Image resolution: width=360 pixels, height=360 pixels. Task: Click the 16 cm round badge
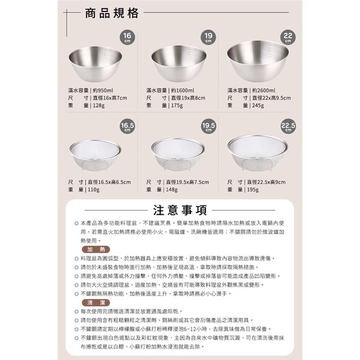127,37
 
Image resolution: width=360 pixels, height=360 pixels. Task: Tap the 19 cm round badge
208,37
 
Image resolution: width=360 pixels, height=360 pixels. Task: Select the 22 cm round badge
288,37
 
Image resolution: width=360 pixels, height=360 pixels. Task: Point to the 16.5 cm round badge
127,126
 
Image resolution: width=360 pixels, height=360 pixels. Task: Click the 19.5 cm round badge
208,126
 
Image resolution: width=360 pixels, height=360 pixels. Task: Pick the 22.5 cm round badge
288,126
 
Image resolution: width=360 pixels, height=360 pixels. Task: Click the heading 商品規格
112,13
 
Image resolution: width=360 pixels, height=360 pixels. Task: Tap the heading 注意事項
180,210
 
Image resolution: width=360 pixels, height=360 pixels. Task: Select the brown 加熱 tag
96,250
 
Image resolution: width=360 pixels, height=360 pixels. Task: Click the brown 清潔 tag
96,302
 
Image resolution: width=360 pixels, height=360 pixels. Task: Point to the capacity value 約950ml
103,91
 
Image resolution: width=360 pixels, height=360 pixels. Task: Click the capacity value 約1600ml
183,91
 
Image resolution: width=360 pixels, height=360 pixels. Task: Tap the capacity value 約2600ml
264,91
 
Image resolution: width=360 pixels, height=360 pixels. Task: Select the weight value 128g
99,106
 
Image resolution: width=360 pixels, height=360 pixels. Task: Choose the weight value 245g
258,106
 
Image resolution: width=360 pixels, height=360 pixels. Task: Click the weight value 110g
94,190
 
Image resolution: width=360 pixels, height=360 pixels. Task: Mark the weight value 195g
253,190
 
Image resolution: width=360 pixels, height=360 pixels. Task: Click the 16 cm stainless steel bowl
95,64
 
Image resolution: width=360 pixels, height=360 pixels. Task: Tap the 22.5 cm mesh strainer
258,153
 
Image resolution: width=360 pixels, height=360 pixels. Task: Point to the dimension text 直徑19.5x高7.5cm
187,182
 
